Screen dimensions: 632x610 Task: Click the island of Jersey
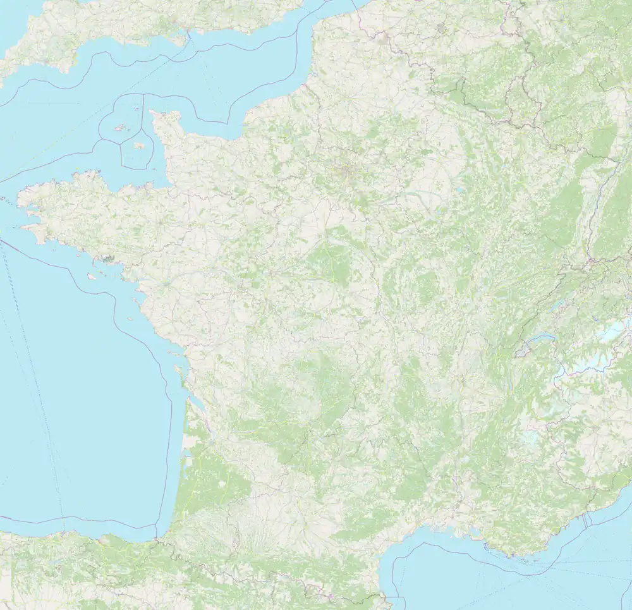(x=138, y=145)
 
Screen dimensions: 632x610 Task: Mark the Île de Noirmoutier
(x=131, y=308)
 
